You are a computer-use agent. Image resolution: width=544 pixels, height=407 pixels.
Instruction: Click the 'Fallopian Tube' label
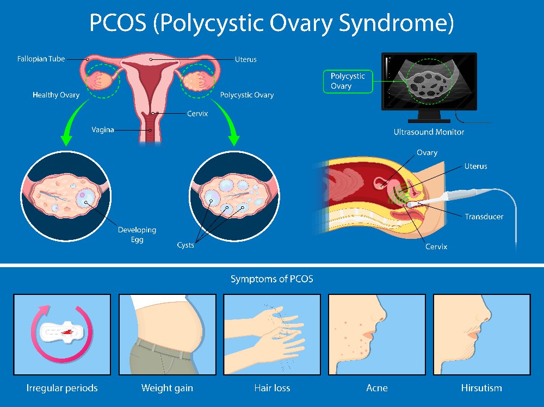pyautogui.click(x=41, y=59)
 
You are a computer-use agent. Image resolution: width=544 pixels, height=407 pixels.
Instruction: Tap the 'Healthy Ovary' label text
pyautogui.click(x=56, y=95)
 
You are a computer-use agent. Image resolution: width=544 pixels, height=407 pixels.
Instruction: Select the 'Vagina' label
pyautogui.click(x=103, y=129)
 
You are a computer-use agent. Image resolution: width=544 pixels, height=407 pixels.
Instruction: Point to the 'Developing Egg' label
pyautogui.click(x=137, y=235)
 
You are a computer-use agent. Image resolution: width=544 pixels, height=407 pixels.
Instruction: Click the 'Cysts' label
pyautogui.click(x=186, y=245)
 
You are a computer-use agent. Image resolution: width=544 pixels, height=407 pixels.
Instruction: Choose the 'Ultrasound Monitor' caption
pyautogui.click(x=429, y=132)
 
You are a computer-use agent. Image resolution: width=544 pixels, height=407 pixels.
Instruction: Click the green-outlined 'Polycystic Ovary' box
pyautogui.click(x=348, y=81)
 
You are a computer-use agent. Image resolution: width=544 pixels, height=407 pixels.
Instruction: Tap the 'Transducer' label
pyautogui.click(x=484, y=217)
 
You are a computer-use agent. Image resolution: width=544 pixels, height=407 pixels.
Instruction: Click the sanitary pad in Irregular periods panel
pyautogui.click(x=62, y=332)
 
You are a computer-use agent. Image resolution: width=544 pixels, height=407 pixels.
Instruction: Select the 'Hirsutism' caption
pyautogui.click(x=481, y=388)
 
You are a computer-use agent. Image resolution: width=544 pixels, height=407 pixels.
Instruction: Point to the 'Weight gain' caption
pyautogui.click(x=167, y=388)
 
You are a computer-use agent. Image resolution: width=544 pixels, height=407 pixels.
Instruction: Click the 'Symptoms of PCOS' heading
pyautogui.click(x=271, y=279)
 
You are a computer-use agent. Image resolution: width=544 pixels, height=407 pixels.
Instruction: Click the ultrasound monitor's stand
pyautogui.click(x=429, y=116)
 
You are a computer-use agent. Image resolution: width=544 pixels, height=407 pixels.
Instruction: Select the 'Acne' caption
pyautogui.click(x=377, y=388)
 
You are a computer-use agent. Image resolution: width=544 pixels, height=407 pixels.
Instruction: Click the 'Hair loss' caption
pyautogui.click(x=272, y=388)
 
